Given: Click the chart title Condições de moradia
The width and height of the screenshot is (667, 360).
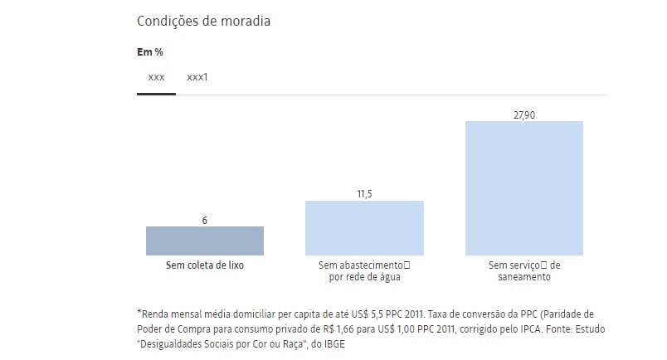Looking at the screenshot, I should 203,21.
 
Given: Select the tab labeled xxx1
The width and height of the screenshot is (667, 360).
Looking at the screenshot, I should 197,77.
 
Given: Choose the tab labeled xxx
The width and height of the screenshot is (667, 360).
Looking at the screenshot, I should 156,77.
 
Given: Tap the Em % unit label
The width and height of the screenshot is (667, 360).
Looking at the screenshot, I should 149,51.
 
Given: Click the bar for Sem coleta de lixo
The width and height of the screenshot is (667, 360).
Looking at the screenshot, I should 204,241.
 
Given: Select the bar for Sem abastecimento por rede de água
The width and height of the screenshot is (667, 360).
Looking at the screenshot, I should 364,227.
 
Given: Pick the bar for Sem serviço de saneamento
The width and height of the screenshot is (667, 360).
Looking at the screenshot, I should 523,188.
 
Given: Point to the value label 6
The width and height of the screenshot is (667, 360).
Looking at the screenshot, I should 204,220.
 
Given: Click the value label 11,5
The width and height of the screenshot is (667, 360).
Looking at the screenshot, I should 364,194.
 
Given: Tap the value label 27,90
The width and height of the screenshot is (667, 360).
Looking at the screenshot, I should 523,114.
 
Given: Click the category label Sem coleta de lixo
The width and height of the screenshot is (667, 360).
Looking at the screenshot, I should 204,265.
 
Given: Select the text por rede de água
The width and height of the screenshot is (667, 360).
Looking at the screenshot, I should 364,277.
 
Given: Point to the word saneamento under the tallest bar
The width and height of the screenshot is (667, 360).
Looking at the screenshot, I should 523,277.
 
